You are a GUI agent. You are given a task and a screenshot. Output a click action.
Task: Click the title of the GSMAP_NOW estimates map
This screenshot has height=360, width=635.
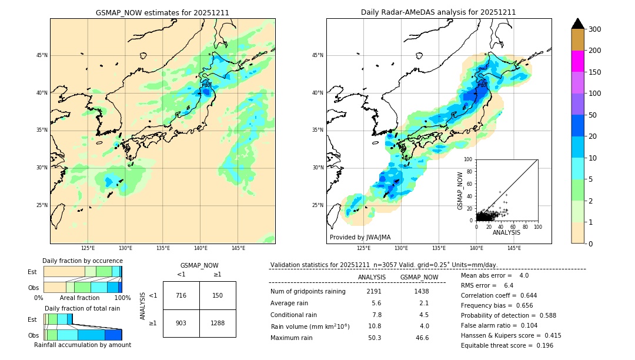coord(162,12)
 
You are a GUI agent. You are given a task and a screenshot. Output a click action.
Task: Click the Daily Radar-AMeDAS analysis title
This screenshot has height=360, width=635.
coord(438,12)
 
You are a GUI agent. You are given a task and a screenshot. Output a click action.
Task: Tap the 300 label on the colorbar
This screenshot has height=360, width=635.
coord(595,29)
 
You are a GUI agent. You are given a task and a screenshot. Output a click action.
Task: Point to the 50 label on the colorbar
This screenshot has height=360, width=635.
coord(593,115)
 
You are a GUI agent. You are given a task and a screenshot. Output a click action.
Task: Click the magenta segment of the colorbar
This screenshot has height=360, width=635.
coord(578,61)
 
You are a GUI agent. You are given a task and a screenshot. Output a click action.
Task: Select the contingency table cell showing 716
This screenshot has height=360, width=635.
coord(181,295)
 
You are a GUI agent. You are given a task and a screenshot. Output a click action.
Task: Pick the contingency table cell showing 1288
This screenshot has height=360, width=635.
coord(218,323)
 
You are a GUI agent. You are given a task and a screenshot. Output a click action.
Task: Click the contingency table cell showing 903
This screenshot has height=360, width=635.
coord(181,323)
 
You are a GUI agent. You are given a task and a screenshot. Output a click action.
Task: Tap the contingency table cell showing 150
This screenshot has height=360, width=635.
coord(218,295)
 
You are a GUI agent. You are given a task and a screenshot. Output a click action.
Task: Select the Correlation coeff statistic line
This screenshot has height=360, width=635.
coord(499,295)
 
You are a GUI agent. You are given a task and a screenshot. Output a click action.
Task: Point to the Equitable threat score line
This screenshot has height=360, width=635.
coord(499,345)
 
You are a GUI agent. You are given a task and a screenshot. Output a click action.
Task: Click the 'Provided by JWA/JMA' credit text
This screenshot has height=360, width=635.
coord(360,238)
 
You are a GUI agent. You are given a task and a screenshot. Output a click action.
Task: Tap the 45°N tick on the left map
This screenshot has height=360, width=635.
coord(42,55)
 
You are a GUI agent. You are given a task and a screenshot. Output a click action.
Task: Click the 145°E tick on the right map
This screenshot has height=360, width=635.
coord(514,248)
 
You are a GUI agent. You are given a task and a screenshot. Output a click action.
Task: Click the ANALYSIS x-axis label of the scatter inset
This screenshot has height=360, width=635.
coord(506,232)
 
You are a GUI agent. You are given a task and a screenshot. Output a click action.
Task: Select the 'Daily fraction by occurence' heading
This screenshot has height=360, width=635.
coord(82,261)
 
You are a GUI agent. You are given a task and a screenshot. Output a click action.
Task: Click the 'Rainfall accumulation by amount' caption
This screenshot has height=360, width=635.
coord(82,345)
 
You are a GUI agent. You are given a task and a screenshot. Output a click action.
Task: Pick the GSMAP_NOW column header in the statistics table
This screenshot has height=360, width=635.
coord(419,277)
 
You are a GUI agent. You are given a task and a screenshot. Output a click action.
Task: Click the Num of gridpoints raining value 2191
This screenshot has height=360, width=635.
coord(374,291)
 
